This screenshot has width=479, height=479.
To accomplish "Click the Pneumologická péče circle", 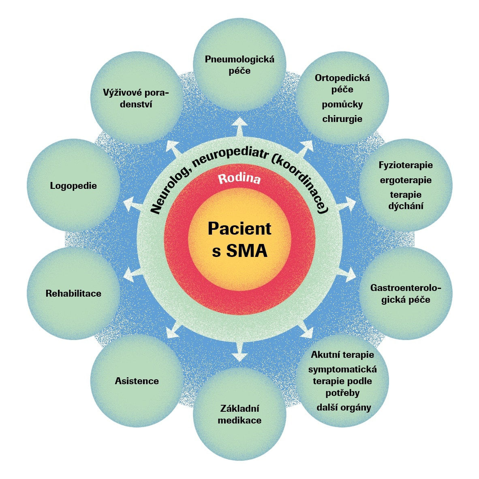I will tap(239, 65).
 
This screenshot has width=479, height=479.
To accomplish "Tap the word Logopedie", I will tap(74, 186).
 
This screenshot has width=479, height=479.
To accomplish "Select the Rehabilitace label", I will tap(73, 293).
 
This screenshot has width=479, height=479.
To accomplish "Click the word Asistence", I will tap(137, 381).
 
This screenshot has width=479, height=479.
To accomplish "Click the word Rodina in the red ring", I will tap(239, 179).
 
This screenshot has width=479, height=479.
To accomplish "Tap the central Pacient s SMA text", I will tap(239, 239).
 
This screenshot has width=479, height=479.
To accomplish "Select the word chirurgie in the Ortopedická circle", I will tap(342, 119).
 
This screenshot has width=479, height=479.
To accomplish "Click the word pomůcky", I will tap(342, 105).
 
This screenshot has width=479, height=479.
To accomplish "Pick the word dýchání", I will tap(406, 206).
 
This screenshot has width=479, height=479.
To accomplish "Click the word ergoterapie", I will tap(406, 180).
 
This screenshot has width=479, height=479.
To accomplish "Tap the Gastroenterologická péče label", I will tap(406, 294).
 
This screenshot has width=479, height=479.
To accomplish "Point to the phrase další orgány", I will tap(344, 407).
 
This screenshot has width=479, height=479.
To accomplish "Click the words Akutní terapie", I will tap(342, 355).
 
